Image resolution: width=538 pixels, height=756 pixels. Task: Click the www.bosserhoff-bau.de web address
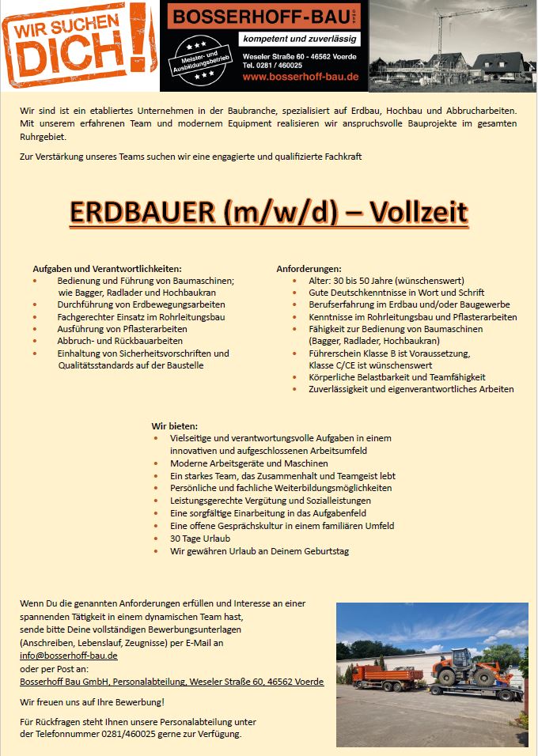click(x=301, y=77)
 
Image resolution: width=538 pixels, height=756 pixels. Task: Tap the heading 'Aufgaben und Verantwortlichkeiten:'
click(x=107, y=269)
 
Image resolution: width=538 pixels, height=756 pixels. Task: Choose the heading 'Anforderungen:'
click(x=309, y=269)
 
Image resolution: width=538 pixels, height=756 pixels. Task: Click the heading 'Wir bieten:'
click(x=175, y=425)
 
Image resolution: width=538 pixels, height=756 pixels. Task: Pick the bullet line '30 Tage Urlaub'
click(x=200, y=539)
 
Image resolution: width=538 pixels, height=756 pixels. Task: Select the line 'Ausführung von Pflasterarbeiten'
click(x=122, y=328)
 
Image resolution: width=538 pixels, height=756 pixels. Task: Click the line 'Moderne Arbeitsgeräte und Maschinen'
click(x=248, y=463)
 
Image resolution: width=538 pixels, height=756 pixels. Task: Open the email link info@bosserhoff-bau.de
click(x=69, y=656)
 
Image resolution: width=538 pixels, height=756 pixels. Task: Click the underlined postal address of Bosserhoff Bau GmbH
click(x=172, y=681)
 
